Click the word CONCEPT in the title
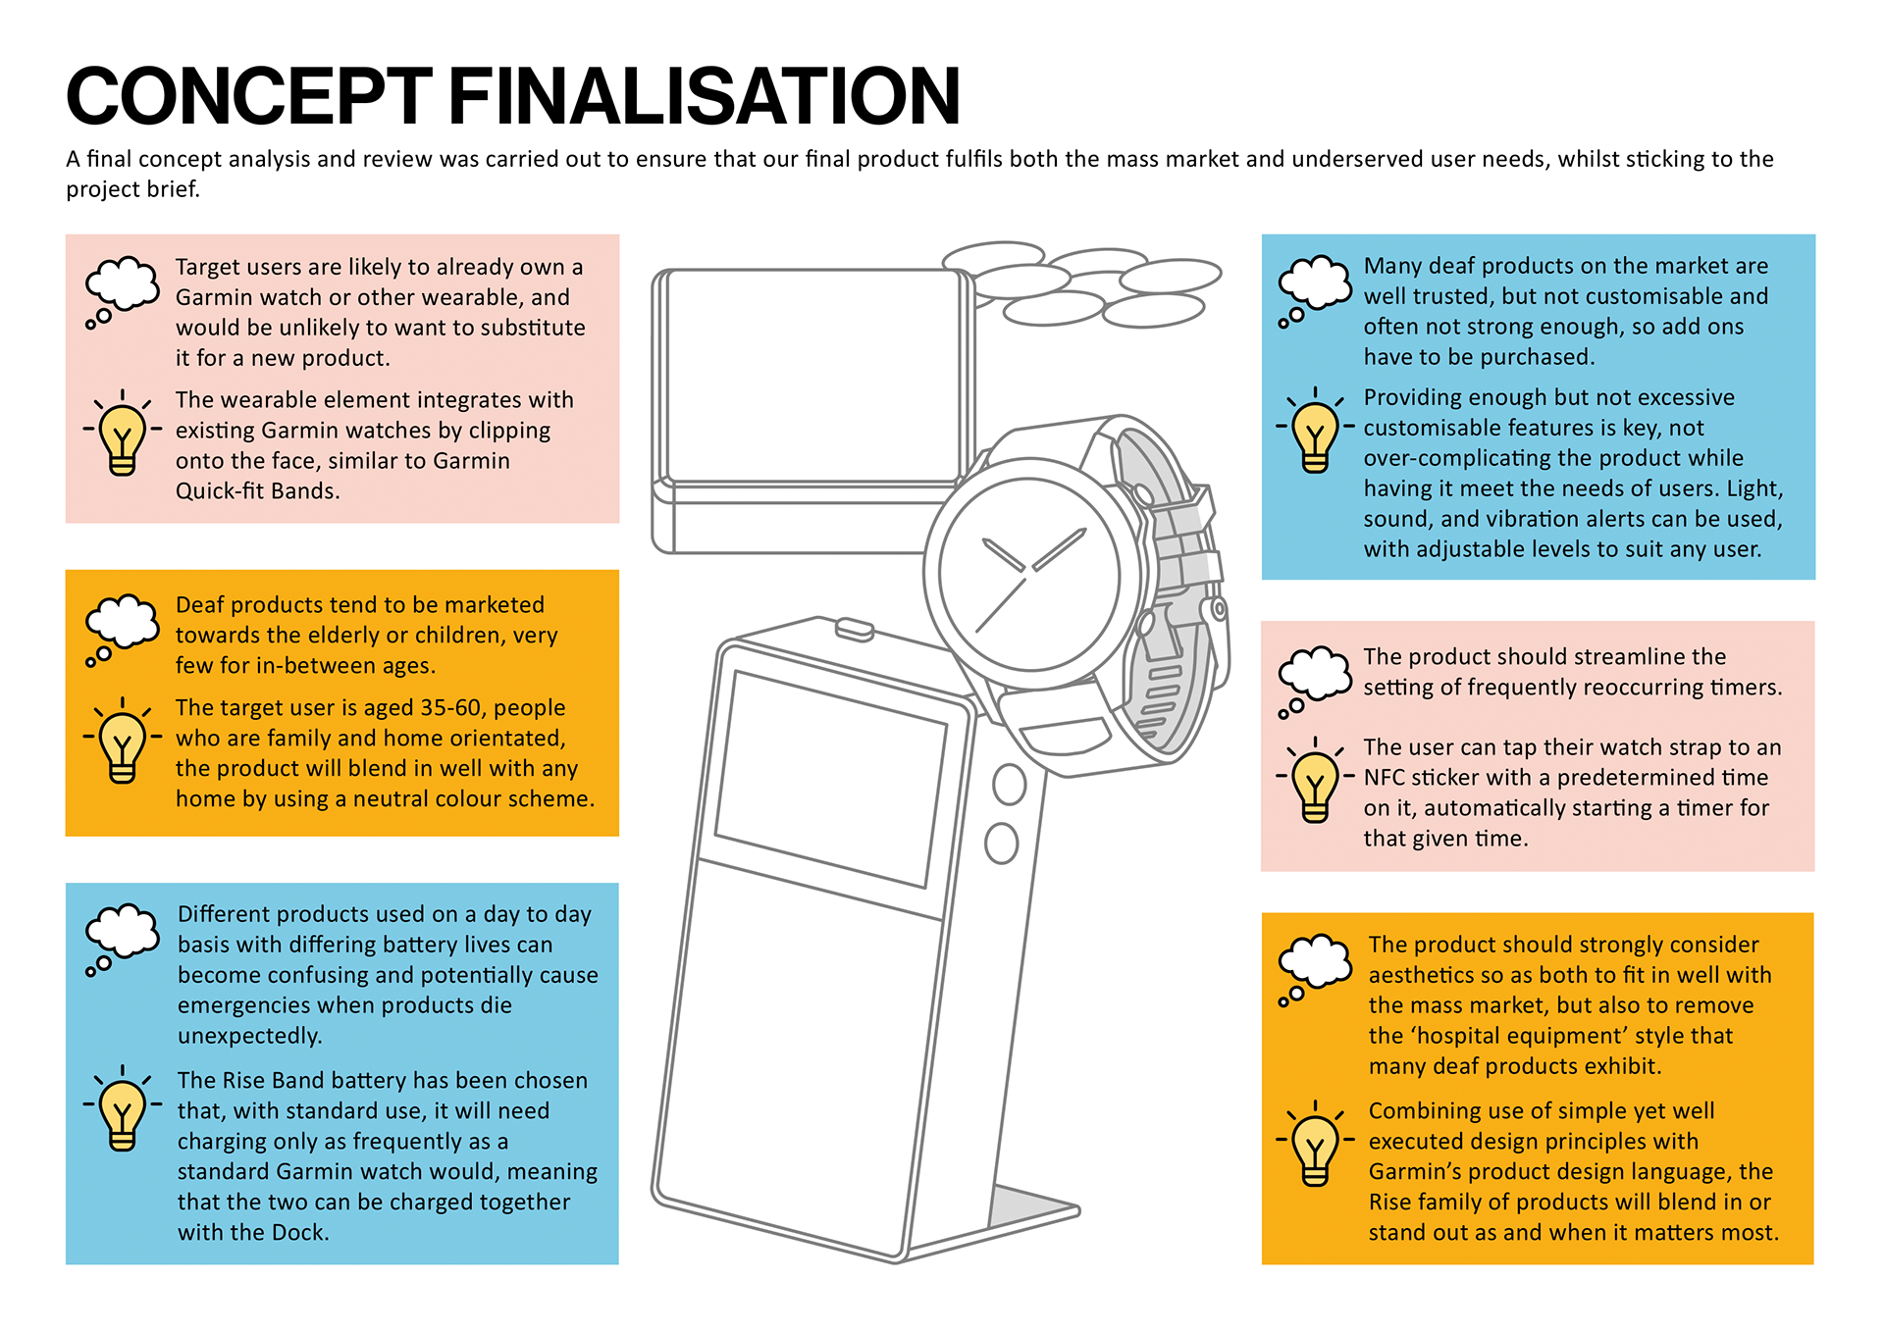(248, 96)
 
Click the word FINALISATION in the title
(704, 96)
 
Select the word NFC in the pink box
(1385, 778)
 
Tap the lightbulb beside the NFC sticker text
(1315, 782)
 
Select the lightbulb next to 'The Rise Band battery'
(123, 1110)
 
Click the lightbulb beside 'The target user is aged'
(123, 743)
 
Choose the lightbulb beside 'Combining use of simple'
(1315, 1145)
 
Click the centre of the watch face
(1027, 574)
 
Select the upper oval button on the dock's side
(1009, 785)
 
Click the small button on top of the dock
(854, 628)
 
